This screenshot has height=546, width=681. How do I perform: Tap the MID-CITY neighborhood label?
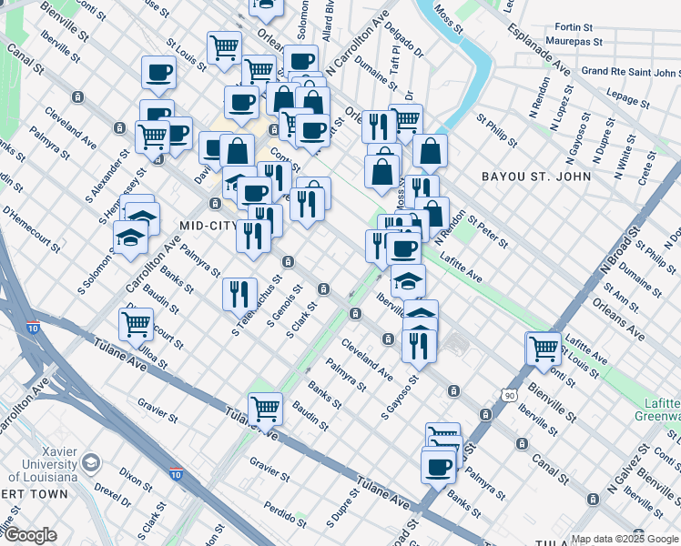click(x=185, y=226)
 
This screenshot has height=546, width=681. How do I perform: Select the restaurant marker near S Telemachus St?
click(x=239, y=292)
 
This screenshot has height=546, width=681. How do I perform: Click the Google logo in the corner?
click(x=29, y=536)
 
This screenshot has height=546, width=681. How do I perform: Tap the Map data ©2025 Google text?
click(x=624, y=539)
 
